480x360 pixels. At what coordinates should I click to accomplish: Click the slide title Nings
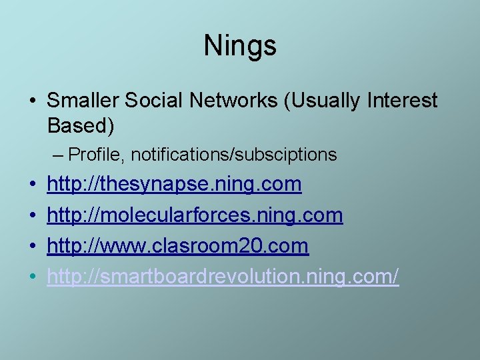coord(240,45)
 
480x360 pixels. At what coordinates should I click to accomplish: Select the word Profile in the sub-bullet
coord(95,155)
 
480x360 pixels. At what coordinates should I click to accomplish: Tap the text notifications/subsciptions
coord(234,155)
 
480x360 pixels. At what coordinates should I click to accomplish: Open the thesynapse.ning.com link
coord(174,185)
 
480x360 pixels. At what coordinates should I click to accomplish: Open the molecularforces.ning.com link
coord(195,215)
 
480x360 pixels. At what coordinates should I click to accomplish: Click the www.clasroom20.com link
coord(178,246)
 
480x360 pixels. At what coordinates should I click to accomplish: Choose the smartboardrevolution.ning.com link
coord(223,277)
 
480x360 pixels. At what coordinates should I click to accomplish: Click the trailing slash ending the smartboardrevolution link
coord(395,277)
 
